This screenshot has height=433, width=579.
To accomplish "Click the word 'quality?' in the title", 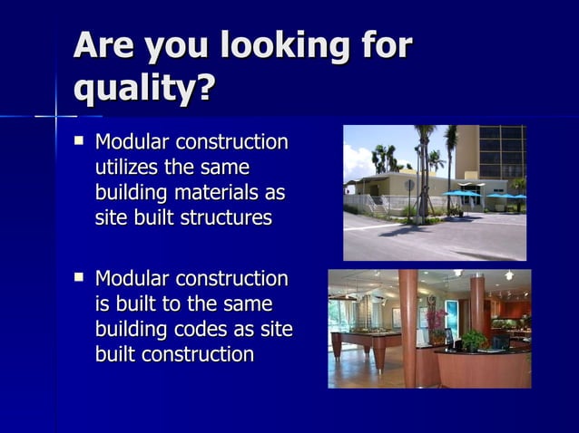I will (144, 89).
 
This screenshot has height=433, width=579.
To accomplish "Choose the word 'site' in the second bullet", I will (275, 329).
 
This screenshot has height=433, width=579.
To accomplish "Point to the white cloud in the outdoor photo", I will (357, 163).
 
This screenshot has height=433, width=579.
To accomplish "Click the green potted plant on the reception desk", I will (473, 340).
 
